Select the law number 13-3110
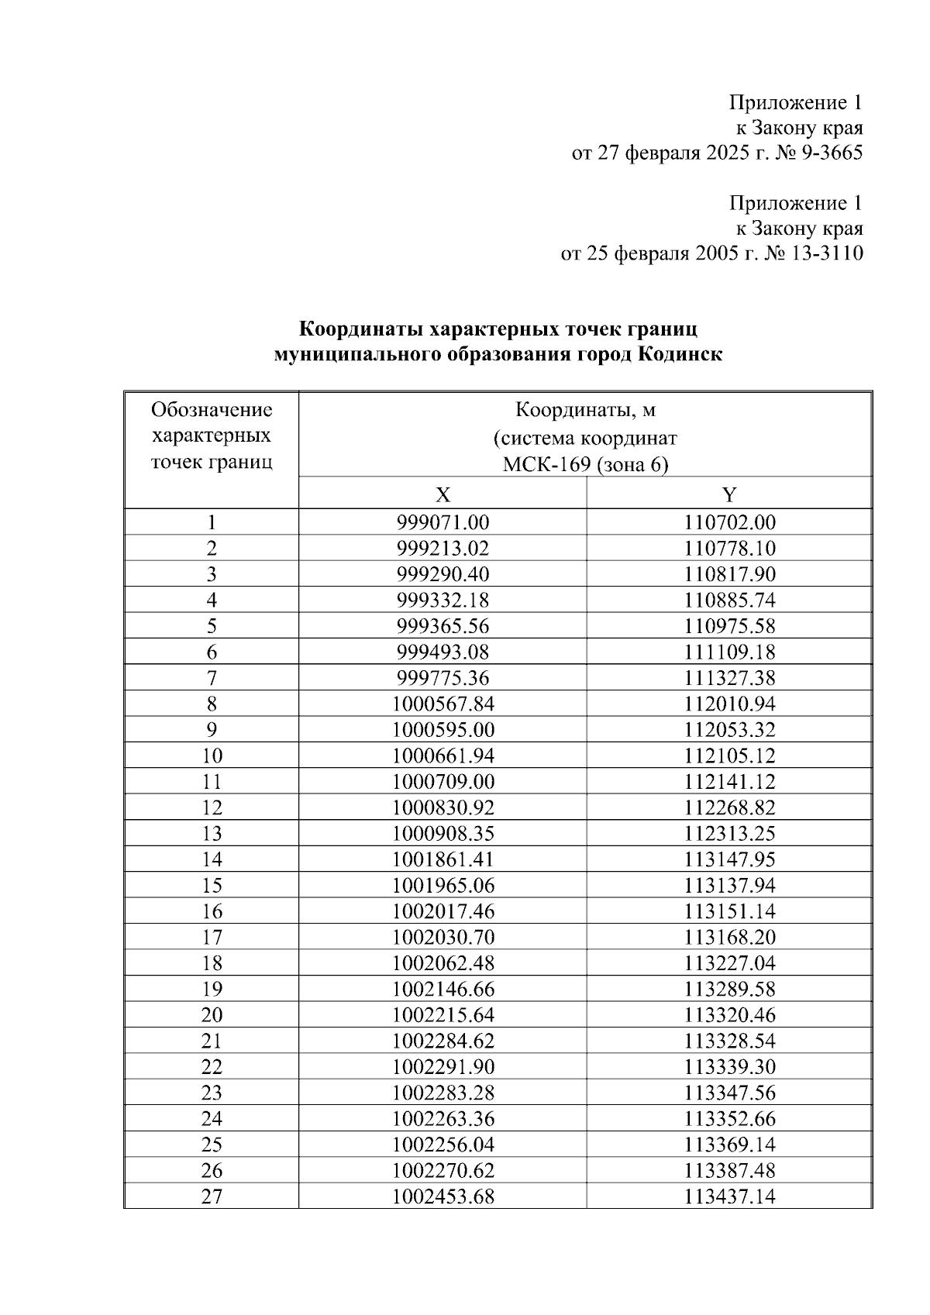(825, 253)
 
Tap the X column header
(443, 494)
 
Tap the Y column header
(729, 494)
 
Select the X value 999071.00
(443, 523)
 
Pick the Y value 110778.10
(729, 549)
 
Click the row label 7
(212, 678)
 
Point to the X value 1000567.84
(443, 704)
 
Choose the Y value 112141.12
(729, 782)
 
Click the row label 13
(212, 834)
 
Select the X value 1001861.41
(443, 859)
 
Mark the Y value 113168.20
(729, 938)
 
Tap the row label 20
(212, 1015)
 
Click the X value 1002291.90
(443, 1067)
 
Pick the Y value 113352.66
(729, 1119)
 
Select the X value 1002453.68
(443, 1196)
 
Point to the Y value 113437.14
(729, 1196)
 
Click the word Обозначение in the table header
(212, 409)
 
